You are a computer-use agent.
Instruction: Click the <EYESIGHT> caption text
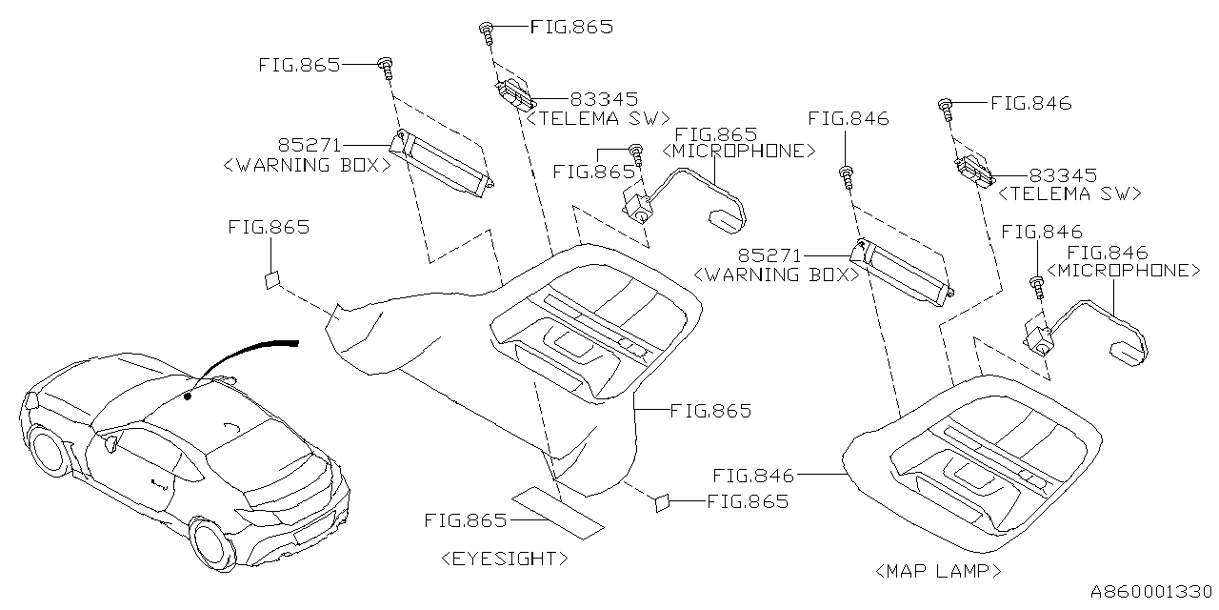point(505,559)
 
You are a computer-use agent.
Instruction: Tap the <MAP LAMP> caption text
point(937,571)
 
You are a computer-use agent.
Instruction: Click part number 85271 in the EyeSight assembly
point(310,146)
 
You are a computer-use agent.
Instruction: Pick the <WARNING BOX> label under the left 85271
point(306,165)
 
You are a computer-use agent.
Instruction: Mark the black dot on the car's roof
point(188,395)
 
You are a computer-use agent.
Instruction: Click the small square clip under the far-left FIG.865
point(271,279)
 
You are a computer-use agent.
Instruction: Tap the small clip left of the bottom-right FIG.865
point(662,502)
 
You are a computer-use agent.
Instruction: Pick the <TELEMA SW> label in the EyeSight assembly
point(596,118)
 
